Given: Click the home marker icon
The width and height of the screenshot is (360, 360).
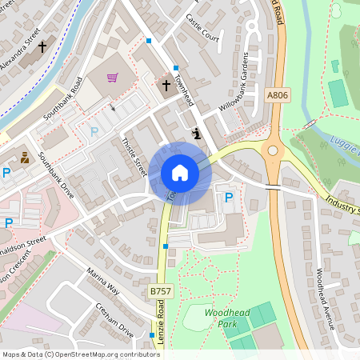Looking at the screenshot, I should pos(180,173).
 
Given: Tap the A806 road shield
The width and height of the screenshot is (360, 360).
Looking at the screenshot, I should pos(277,95).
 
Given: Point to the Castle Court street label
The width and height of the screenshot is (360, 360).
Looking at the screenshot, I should pos(202,27).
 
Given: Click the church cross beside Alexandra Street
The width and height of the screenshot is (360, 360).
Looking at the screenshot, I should pos(42,47).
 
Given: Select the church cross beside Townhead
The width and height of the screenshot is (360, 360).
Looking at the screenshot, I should pos(166,84).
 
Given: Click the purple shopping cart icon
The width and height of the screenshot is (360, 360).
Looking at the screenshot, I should pos(113,78).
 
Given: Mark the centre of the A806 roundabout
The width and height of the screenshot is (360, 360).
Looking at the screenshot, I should pos(273,150).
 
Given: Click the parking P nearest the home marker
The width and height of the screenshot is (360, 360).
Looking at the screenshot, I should pos(229,197).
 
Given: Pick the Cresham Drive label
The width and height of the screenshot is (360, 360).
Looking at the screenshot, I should pos(114,319).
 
